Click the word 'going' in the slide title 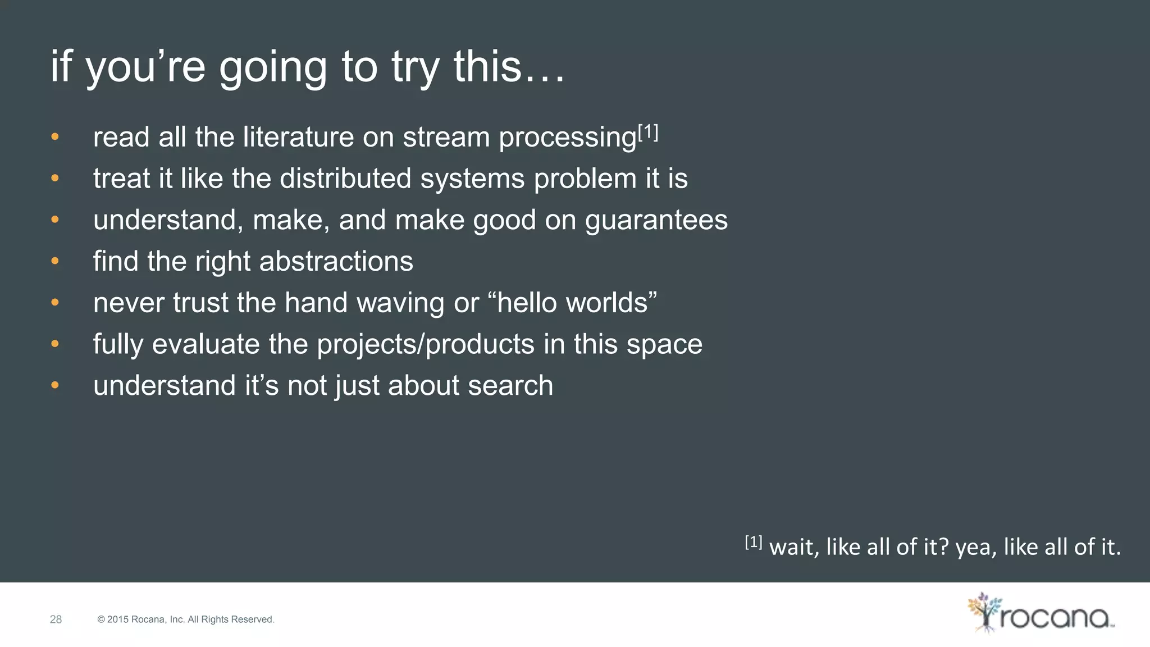coord(272,67)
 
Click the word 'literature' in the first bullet coord(298,137)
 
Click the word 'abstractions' coord(336,262)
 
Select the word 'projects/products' coord(425,344)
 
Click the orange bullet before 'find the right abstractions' coord(54,261)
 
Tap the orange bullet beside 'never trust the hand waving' coord(54,303)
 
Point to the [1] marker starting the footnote coord(753,542)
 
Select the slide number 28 coord(56,619)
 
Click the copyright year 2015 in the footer coord(117,619)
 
